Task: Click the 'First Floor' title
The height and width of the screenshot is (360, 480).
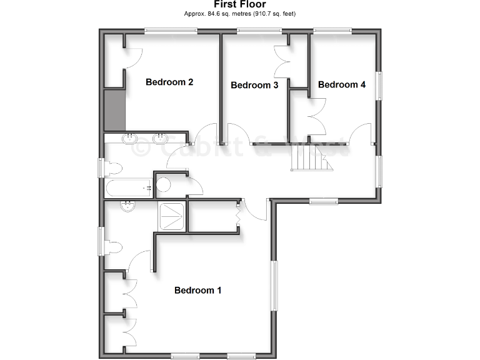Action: point(240,4)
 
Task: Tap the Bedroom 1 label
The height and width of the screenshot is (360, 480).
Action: point(197,290)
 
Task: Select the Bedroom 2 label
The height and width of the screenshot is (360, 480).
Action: point(169,82)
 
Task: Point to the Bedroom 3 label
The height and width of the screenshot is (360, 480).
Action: point(254,85)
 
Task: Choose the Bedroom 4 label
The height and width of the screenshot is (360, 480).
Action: point(342,84)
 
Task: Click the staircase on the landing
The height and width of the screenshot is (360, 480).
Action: point(311,162)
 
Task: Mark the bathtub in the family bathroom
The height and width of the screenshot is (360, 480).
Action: point(128,187)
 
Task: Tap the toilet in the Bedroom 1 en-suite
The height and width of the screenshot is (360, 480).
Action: point(114,247)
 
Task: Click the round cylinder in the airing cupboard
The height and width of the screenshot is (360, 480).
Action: point(164,184)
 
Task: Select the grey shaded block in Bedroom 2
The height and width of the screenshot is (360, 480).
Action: point(115,109)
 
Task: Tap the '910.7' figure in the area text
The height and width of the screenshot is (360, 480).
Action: point(266,13)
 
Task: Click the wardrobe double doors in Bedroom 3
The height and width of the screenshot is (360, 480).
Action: point(280,61)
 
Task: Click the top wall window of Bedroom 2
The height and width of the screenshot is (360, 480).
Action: point(171,30)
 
